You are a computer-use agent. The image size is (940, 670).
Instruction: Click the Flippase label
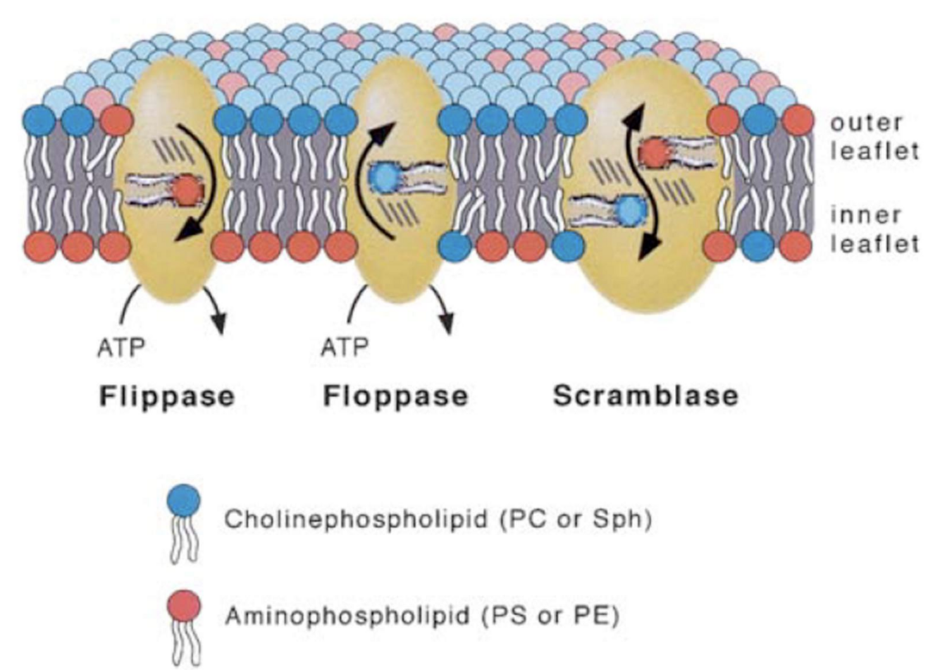pos(166,396)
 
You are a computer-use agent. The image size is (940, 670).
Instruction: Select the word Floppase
pos(395,396)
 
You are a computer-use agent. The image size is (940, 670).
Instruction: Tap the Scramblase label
pos(645,396)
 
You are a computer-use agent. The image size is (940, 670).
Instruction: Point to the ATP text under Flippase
pos(120,347)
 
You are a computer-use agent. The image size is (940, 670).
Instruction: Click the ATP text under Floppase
pos(345,347)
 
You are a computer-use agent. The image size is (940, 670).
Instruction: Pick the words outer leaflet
pos(874,136)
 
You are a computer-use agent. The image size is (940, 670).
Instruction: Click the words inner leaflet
pos(874,229)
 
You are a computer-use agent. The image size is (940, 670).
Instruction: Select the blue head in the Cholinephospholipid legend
pos(183,502)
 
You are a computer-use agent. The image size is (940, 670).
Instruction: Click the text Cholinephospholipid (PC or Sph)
pos(438,520)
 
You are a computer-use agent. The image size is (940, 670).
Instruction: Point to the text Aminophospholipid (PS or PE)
pos(422,616)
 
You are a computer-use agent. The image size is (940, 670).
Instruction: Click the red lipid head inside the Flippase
pos(187,190)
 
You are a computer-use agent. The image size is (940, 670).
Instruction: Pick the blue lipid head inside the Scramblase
pos(631,209)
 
